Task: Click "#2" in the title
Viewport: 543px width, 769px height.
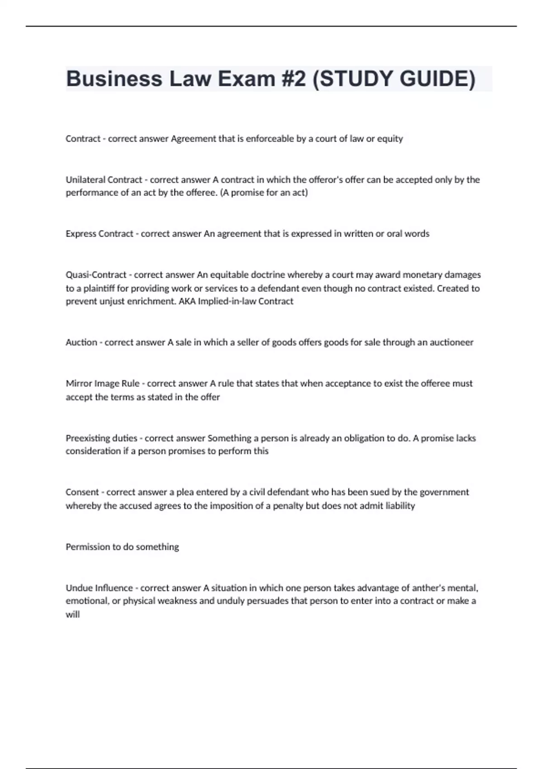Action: [294, 79]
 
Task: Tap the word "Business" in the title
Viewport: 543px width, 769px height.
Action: [114, 79]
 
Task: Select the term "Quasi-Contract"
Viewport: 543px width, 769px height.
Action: [96, 275]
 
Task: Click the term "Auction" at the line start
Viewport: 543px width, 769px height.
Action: [81, 342]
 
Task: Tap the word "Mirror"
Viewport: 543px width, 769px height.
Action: [79, 384]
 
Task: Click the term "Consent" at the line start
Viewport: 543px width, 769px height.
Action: [82, 492]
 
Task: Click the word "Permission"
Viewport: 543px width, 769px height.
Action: [88, 547]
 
